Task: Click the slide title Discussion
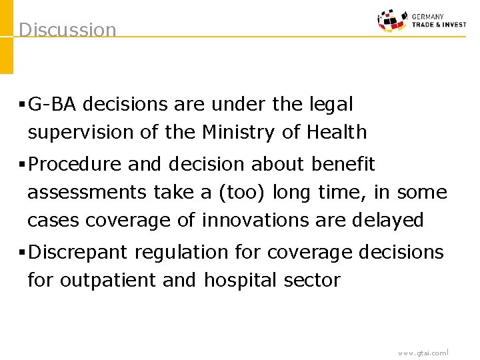[x=67, y=30]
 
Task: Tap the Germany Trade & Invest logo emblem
[x=393, y=20]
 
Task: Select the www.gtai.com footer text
[x=422, y=353]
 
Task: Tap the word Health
[x=337, y=133]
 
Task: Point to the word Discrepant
[x=79, y=253]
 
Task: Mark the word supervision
[x=81, y=133]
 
